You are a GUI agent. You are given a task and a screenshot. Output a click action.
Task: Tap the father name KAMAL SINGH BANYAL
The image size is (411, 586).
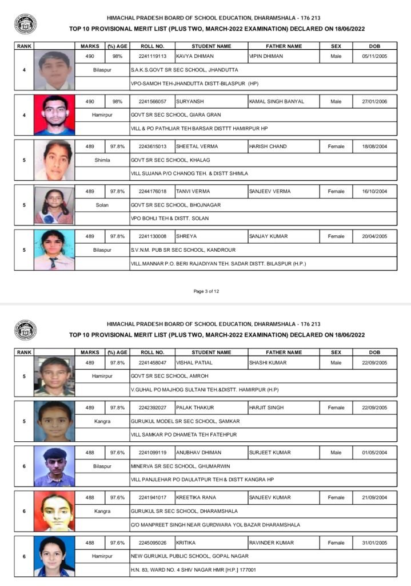click(x=277, y=101)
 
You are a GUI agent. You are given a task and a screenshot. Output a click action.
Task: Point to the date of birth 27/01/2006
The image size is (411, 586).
click(x=374, y=101)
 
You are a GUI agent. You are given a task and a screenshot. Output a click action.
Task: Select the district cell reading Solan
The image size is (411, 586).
click(x=102, y=205)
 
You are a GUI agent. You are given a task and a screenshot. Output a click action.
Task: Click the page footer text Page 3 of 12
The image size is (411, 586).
click(x=206, y=291)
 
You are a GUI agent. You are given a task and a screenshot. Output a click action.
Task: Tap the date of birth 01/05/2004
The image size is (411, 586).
click(x=374, y=453)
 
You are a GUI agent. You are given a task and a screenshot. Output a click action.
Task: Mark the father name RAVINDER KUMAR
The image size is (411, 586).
click(x=272, y=543)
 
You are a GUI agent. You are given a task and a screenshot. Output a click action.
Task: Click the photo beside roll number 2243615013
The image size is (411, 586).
click(x=54, y=160)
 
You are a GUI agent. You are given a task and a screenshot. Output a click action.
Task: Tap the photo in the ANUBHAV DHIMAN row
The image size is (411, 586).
click(x=54, y=466)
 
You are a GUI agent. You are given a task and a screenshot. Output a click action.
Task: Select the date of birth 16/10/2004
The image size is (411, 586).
click(x=374, y=191)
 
